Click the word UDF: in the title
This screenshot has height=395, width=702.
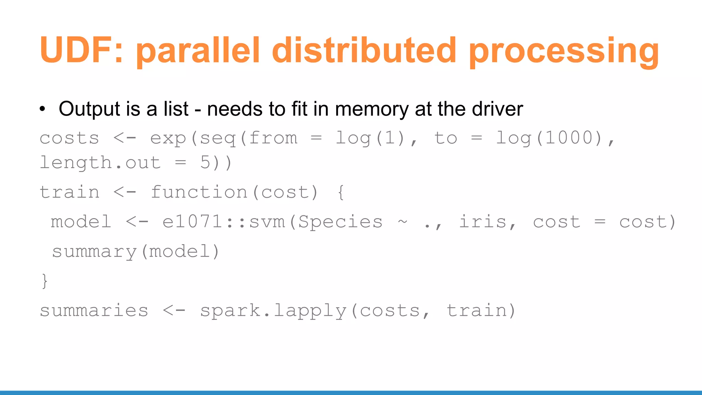(81, 50)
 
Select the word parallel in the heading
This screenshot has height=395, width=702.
(198, 51)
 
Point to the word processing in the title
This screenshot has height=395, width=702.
(564, 51)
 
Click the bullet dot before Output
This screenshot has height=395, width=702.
(42, 109)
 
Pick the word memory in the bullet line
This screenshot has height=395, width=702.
(372, 109)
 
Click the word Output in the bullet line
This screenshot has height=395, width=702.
(89, 109)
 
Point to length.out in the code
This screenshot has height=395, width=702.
(100, 163)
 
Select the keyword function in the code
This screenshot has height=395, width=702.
(199, 192)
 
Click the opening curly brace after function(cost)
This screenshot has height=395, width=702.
(340, 192)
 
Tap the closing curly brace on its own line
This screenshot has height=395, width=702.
(45, 281)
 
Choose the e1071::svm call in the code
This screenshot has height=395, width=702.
(223, 222)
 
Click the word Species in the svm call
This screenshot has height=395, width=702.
(340, 222)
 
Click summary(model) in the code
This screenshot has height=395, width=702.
(135, 252)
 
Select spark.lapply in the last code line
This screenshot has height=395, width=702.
(273, 311)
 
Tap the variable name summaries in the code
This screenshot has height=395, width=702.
(94, 311)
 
